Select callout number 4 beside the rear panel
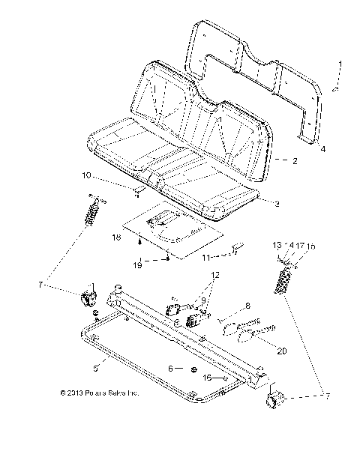323,149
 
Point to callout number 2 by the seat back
295,161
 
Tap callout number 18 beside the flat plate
115,237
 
